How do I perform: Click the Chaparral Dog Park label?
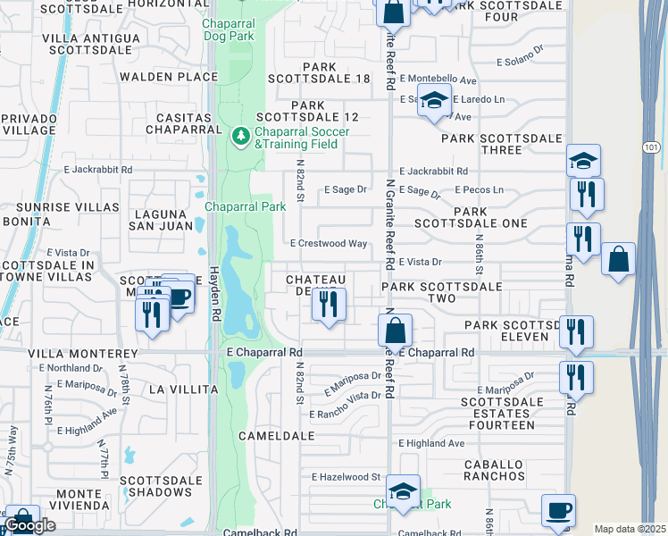tap(228, 29)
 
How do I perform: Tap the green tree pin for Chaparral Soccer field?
tap(239, 137)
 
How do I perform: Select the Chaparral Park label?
tap(245, 206)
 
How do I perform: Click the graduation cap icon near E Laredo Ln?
tap(434, 103)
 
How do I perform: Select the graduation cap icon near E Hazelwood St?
tap(403, 491)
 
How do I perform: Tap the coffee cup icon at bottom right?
tap(558, 511)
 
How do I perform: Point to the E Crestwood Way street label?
tap(329, 243)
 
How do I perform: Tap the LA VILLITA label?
tap(183, 389)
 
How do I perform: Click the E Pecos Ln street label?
tap(479, 189)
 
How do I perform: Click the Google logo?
tap(29, 525)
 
